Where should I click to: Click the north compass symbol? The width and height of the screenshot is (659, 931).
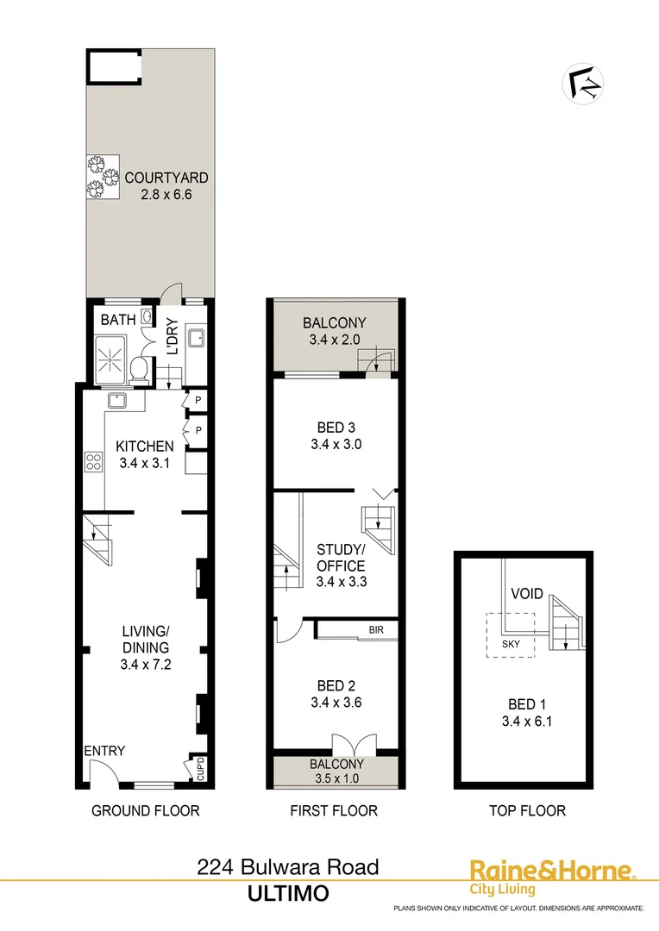[x=583, y=84]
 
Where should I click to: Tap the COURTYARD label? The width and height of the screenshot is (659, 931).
[x=166, y=178]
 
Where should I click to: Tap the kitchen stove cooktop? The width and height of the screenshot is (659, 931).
[x=92, y=461]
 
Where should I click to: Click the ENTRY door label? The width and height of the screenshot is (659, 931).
[x=104, y=751]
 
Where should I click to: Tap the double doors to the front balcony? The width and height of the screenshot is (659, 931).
[x=354, y=743]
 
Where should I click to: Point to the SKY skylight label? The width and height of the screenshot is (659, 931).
[x=511, y=642]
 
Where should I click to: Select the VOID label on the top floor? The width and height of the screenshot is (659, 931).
[x=525, y=594]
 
